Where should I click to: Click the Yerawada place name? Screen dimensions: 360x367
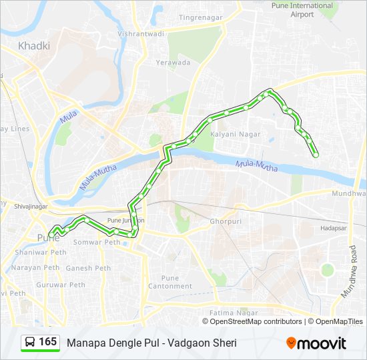point(173,63)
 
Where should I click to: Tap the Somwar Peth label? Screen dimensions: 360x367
point(96,242)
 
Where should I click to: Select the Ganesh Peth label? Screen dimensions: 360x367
point(88,268)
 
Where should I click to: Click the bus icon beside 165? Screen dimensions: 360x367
point(30,342)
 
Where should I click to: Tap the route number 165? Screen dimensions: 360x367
point(47,342)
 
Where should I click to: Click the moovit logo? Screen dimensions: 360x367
point(316,343)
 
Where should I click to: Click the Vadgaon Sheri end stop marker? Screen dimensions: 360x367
point(316,155)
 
